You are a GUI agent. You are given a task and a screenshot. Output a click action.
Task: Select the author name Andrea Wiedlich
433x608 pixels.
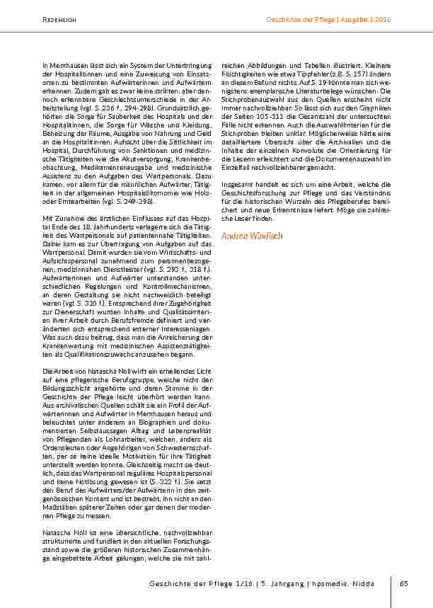252,236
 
